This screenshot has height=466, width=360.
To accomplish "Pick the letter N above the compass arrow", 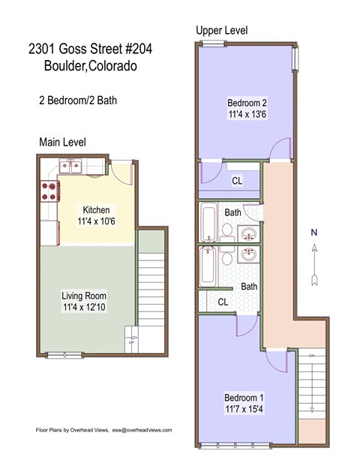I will tap(315, 233).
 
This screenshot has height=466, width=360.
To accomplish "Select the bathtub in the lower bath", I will tap(210, 266).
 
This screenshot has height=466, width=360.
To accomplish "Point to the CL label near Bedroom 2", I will tap(236, 181).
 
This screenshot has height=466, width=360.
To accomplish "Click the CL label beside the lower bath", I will tap(223, 302).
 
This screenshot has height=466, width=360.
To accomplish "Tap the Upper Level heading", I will tap(221, 30).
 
